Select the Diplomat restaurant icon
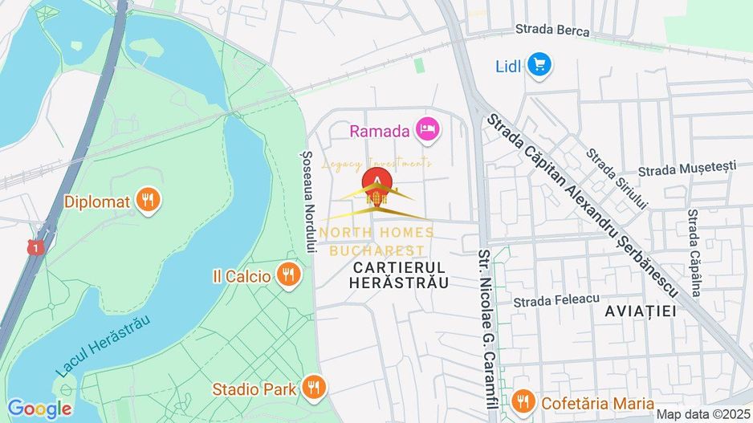(146, 201)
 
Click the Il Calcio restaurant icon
(287, 275)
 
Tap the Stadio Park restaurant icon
(314, 388)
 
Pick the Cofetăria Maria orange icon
(523, 402)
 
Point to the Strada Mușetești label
(687, 169)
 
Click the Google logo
(39, 409)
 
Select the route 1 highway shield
(34, 249)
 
